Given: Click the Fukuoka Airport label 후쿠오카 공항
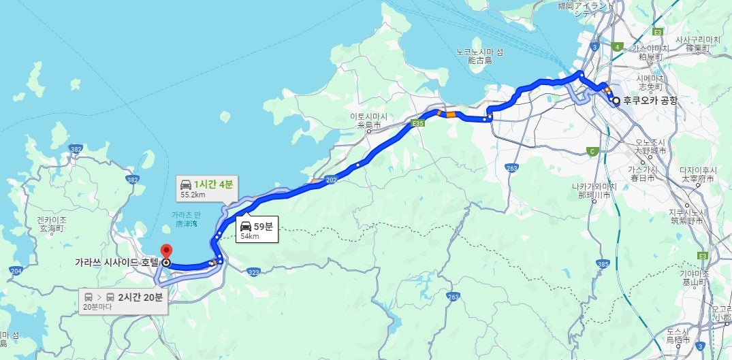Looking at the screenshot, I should coord(650,101).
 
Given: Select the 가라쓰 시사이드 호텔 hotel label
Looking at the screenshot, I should coord(117,261).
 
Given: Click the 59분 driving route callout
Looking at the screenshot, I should coord(257,230).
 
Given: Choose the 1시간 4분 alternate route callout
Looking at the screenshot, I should coord(207,188).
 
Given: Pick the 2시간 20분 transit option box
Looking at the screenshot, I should coord(124,300).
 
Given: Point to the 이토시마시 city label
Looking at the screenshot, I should coord(368,120).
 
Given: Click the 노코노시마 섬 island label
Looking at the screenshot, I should coord(479,55).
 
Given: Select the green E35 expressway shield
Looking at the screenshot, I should coord(418,124).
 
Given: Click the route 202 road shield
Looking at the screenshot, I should coord(332,180).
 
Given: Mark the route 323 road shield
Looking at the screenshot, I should coord(254,272).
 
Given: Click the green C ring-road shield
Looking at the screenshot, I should coord(593,151).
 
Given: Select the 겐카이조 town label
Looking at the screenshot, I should coord(52,224).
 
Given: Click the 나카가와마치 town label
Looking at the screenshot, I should coord(594,190).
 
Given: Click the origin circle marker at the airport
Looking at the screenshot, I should coord(616,101).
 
